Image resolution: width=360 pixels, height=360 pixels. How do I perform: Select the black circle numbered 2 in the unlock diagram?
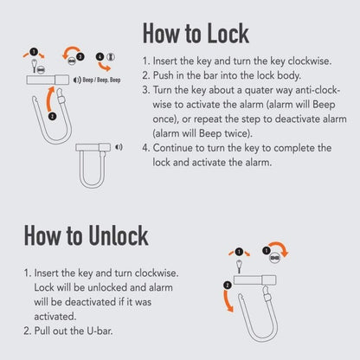click(227, 285)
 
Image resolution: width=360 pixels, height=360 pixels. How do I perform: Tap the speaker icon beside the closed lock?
click(119, 147)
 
